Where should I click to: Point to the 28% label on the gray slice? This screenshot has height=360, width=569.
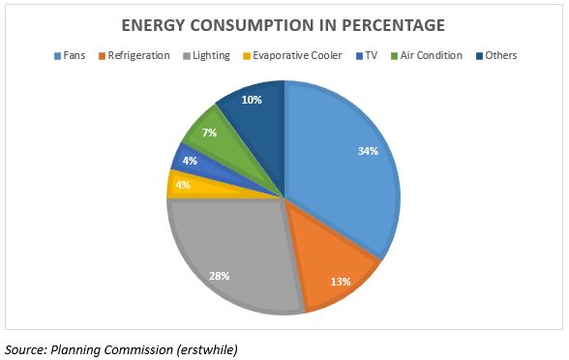tap(220, 275)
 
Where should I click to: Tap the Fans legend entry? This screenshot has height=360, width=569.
tap(72, 55)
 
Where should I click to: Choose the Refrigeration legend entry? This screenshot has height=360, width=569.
tap(137, 55)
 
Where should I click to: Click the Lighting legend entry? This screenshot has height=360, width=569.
tap(211, 55)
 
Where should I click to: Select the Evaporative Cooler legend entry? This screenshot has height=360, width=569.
tap(298, 55)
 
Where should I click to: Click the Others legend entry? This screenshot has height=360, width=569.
tap(501, 55)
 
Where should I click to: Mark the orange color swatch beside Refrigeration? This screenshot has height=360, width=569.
tap(102, 55)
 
